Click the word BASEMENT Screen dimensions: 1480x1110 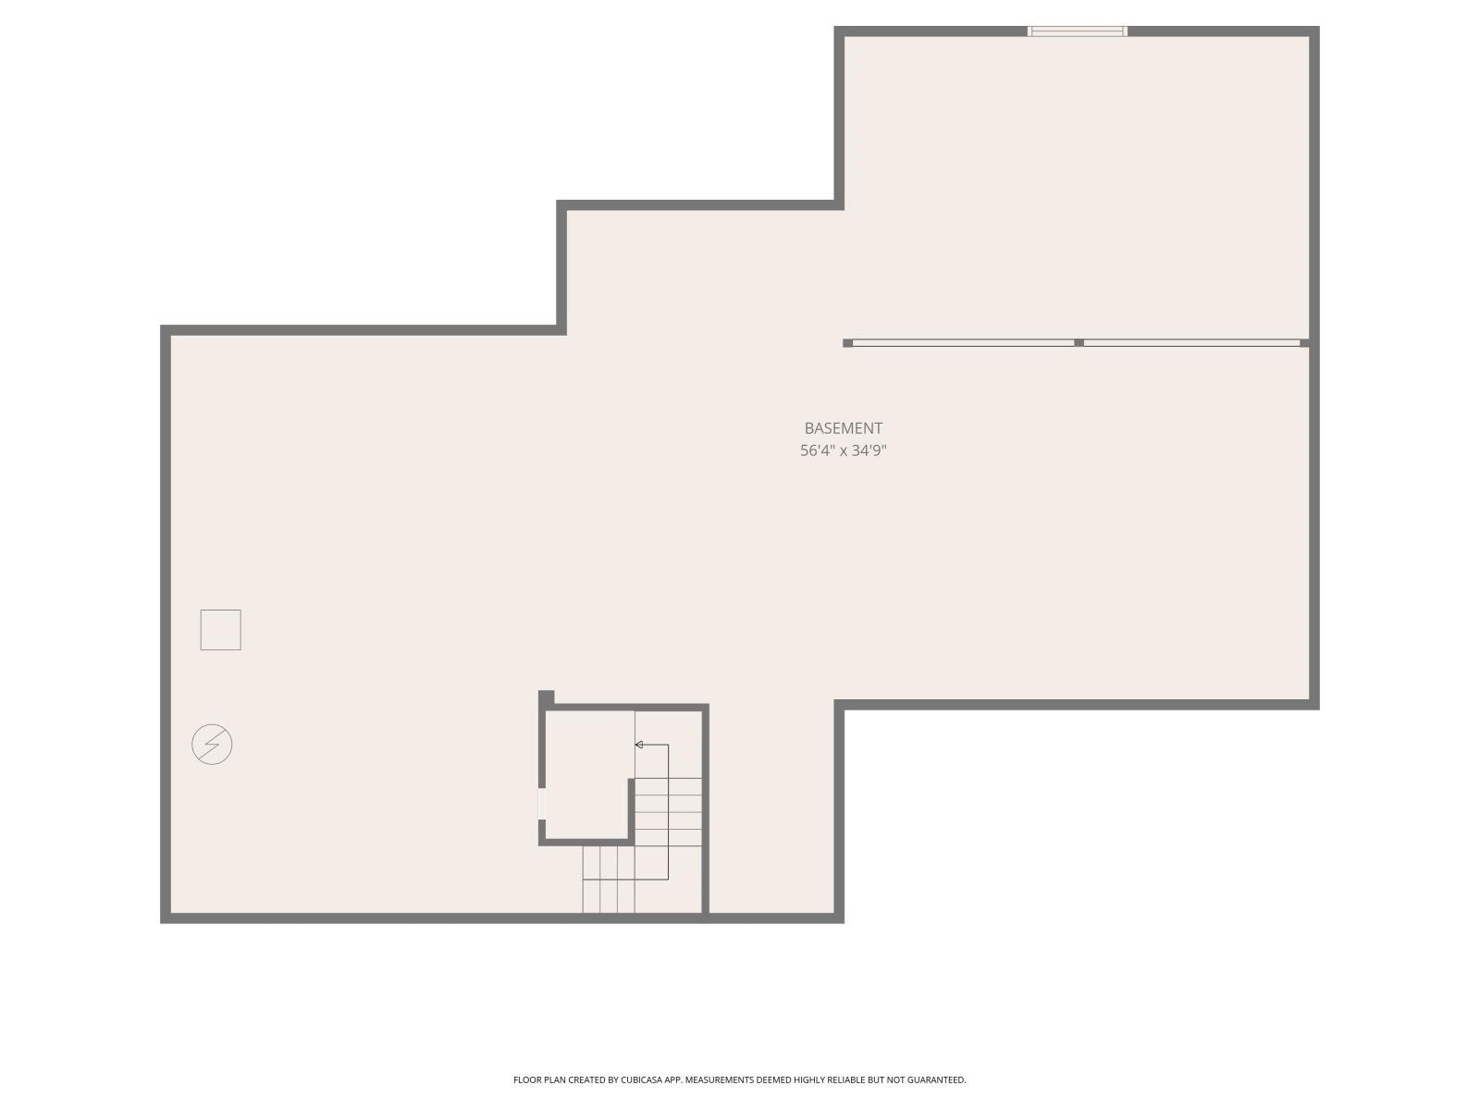coord(843,428)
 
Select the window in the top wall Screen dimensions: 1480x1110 coord(1077,31)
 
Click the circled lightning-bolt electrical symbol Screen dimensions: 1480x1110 coord(212,744)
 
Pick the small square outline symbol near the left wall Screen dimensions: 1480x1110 coord(220,630)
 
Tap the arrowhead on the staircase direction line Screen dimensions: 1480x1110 coord(638,745)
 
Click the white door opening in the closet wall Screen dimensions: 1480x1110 coord(541,804)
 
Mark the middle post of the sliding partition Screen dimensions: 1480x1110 coord(1079,343)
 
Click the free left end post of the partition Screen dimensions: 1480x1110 coord(847,343)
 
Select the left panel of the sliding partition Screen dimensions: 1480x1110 coord(964,343)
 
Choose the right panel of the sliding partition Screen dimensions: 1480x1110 coord(1192,343)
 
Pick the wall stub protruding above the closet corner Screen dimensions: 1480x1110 coord(546,697)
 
